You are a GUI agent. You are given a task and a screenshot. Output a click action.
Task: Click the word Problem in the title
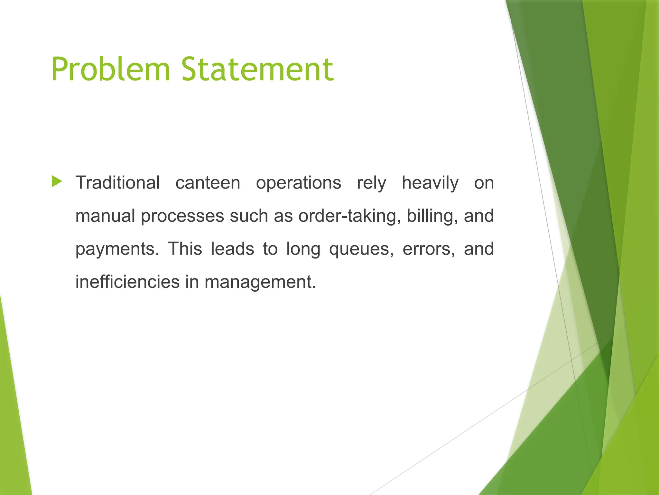110,69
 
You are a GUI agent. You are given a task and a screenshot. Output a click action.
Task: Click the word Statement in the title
257,69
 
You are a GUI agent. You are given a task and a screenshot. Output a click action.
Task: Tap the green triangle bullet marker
56,181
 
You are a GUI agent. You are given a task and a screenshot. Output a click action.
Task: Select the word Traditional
117,183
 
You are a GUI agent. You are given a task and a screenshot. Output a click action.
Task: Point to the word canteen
208,183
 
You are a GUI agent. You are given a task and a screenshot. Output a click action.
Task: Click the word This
185,249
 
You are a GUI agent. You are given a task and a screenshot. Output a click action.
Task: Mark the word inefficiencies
127,282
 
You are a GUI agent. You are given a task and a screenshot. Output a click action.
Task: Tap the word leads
232,249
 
